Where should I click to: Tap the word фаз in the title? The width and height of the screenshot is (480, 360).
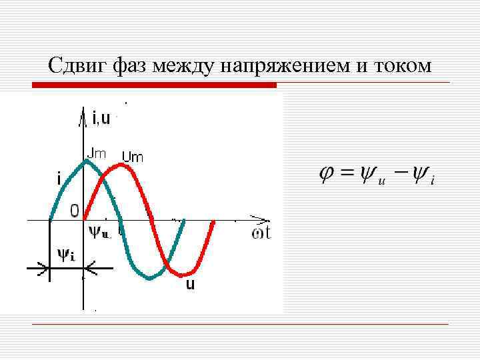click(131, 67)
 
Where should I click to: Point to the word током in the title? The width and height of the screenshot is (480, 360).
click(404, 67)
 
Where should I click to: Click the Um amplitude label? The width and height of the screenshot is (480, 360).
click(133, 157)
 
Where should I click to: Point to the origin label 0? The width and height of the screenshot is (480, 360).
click(75, 211)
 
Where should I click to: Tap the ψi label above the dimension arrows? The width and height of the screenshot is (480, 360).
click(66, 255)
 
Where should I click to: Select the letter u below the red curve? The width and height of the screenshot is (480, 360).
click(190, 284)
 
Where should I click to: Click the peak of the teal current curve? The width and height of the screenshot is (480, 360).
click(86, 161)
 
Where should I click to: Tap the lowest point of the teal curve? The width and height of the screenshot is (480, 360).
click(149, 277)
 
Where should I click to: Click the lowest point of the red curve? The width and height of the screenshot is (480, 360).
click(184, 274)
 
